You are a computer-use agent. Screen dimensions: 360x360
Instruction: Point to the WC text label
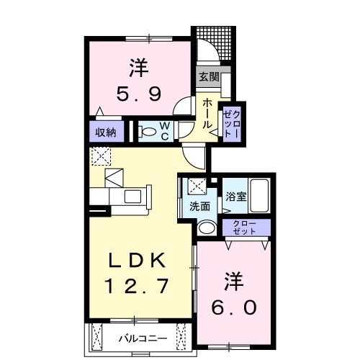click(x=164, y=132)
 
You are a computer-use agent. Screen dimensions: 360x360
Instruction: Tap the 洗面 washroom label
click(x=201, y=207)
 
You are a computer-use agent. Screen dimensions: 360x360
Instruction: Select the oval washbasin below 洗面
click(x=205, y=228)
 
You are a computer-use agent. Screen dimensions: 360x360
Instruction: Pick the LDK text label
click(x=138, y=260)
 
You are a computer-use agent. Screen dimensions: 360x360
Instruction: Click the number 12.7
click(x=138, y=286)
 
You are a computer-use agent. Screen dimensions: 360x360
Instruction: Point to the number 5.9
click(x=139, y=94)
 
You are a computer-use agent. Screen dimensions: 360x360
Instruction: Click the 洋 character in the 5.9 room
click(x=139, y=69)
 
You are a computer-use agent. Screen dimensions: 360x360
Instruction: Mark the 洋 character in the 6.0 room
click(x=234, y=279)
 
